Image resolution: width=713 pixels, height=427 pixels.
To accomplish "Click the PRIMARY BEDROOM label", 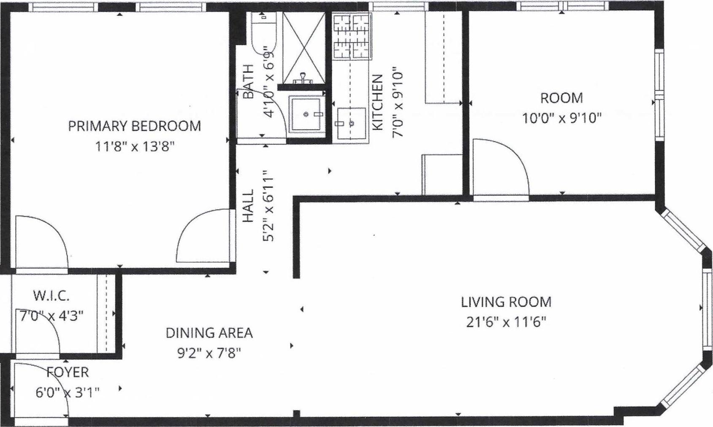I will (x=134, y=126).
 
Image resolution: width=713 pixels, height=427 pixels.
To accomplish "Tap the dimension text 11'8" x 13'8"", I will (x=134, y=147).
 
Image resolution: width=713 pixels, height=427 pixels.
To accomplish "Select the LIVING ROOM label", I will (x=506, y=302).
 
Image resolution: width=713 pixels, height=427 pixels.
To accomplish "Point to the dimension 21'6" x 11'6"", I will (x=506, y=322).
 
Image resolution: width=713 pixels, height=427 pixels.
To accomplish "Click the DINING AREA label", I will (x=209, y=333).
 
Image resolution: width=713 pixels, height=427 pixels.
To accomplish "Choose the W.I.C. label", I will (x=51, y=296).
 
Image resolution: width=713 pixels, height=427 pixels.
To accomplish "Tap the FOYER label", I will (x=68, y=372).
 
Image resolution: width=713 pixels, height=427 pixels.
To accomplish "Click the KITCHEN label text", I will (x=377, y=103).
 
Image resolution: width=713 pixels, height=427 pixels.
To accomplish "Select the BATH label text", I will (x=249, y=81).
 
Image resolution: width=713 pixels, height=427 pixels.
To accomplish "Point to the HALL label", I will (x=248, y=206).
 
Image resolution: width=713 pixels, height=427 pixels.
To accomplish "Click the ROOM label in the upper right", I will (x=561, y=98).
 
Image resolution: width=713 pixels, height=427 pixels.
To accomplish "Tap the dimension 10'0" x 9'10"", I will (x=561, y=118).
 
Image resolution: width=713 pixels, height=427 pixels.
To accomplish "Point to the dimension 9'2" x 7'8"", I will (x=209, y=353).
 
